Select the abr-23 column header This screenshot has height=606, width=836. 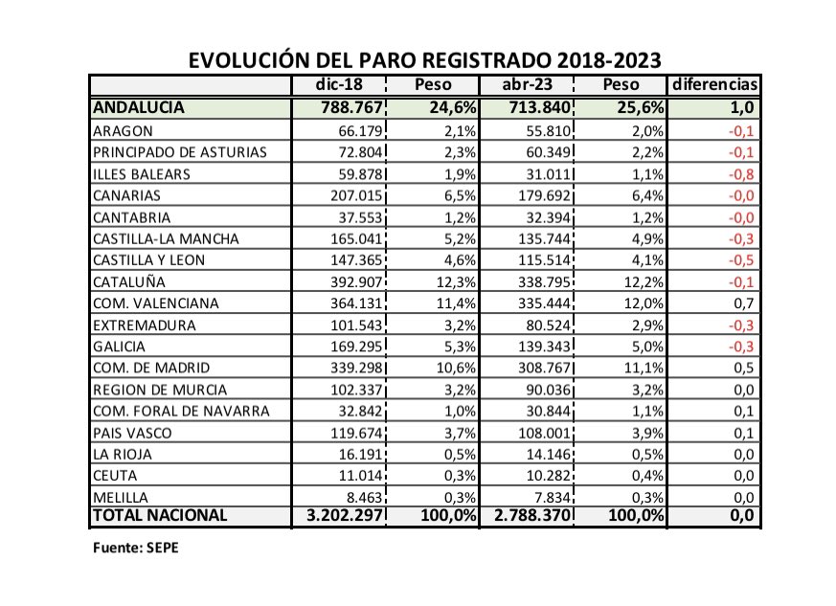point(526,85)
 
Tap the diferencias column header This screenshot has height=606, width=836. point(715,85)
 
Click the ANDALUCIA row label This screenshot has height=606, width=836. point(139,107)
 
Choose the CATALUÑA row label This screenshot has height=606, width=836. point(129,282)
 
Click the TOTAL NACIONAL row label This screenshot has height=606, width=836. point(160,515)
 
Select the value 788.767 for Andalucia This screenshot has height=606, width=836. point(350,107)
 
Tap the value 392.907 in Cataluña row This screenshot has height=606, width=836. point(354,282)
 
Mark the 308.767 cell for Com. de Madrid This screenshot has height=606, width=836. point(539,368)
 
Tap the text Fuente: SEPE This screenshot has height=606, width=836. point(135,549)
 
